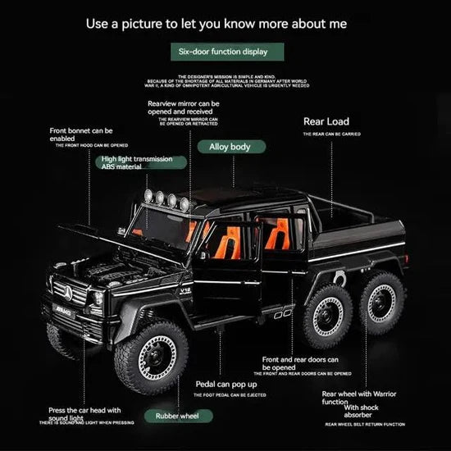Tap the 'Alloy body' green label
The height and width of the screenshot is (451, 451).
pyautogui.click(x=229, y=147)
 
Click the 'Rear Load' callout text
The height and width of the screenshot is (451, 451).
pyautogui.click(x=326, y=121)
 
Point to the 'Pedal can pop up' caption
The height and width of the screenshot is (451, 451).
pyautogui.click(x=226, y=384)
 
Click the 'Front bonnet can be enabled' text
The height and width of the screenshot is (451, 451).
pyautogui.click(x=81, y=134)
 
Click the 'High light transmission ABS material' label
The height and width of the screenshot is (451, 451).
pyautogui.click(x=135, y=162)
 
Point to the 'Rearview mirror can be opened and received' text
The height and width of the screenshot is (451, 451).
pyautogui.click(x=183, y=108)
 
